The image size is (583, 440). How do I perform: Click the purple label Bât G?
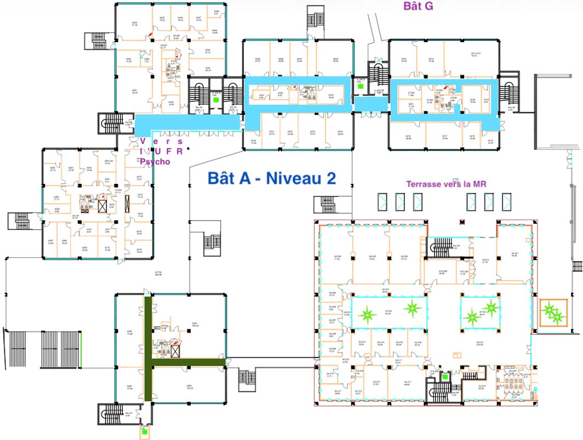point(418,6)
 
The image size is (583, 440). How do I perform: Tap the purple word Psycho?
point(155,162)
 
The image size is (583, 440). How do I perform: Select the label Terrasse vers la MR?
point(447,184)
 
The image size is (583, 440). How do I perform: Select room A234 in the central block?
point(340,132)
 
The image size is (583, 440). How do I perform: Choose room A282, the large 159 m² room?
point(189,386)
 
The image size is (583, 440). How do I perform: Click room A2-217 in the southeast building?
point(407,383)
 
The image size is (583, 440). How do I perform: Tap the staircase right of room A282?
point(247,378)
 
